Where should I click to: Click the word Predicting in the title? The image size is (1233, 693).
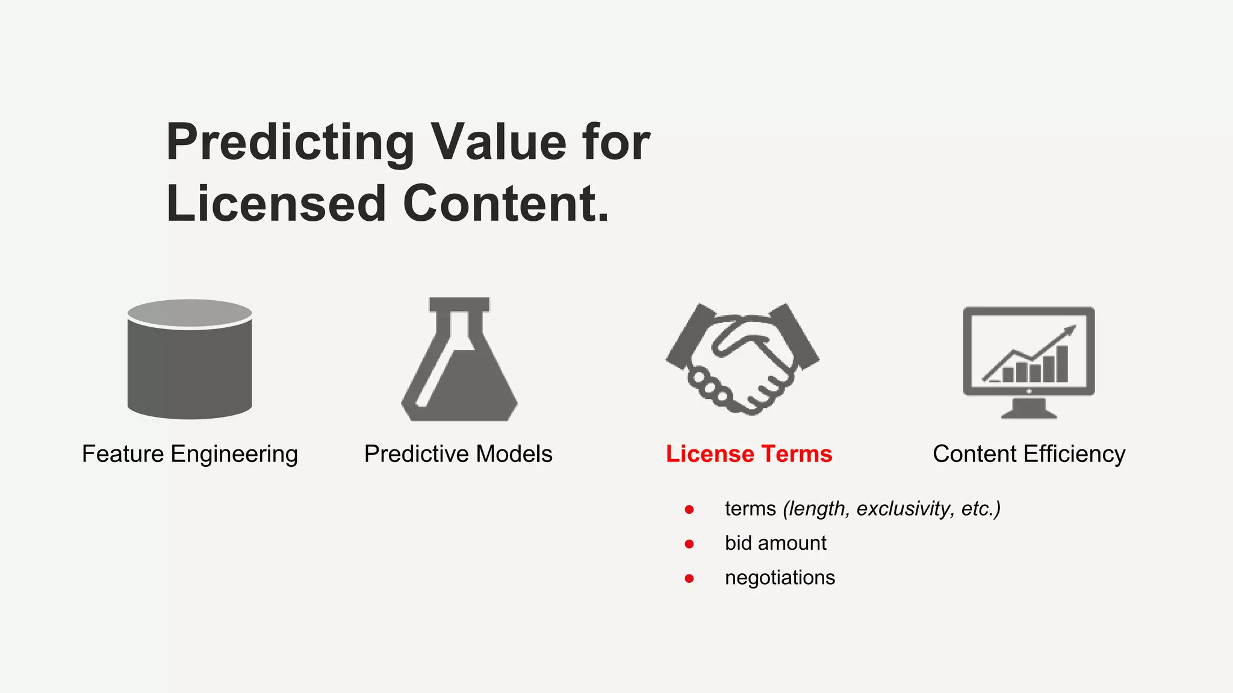tap(290, 143)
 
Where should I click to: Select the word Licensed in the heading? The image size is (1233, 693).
tap(276, 204)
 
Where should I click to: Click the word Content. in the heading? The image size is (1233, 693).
tap(506, 204)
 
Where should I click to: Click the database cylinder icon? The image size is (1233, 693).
tap(190, 367)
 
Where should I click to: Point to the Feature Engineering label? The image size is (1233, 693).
tap(190, 454)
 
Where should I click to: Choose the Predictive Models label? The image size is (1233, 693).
tap(458, 454)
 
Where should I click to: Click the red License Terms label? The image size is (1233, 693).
tap(749, 454)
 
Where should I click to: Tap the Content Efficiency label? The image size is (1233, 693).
tap(1029, 454)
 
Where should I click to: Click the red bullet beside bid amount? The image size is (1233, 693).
tap(689, 544)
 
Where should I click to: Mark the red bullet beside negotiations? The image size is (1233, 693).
tap(689, 579)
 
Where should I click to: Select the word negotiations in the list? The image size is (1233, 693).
tap(780, 578)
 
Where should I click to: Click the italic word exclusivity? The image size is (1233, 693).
tap(903, 509)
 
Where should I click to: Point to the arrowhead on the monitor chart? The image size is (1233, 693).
tap(1070, 330)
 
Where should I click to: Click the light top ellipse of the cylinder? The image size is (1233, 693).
tap(190, 313)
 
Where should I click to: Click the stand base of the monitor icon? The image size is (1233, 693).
tap(1028, 412)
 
